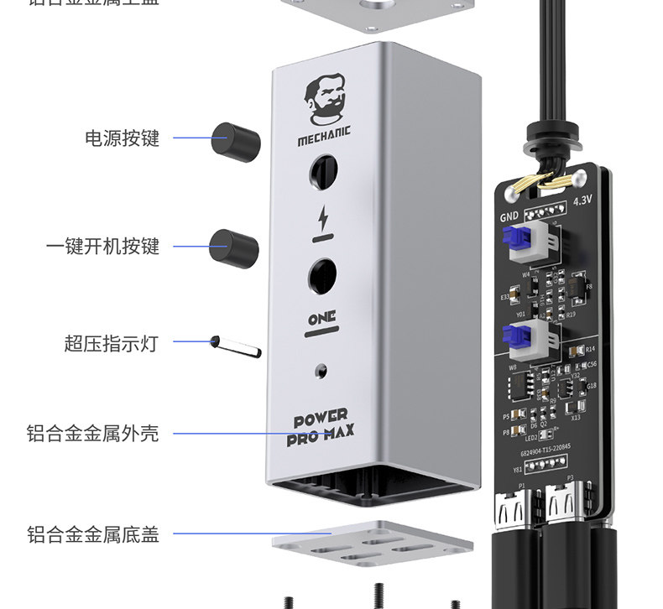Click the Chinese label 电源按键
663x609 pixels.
(122, 138)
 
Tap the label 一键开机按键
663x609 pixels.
(102, 246)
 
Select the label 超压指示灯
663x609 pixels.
(111, 342)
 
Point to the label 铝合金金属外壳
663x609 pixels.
(92, 434)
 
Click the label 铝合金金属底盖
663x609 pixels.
(92, 534)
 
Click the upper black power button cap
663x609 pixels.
(234, 140)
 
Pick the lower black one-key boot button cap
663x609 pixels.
(233, 247)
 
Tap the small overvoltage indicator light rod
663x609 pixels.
(236, 345)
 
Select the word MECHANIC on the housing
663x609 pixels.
(323, 132)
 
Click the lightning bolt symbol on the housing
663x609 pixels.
(323, 219)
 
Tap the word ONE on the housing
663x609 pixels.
(321, 318)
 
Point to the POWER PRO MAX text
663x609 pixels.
(321, 424)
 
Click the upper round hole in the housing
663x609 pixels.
(323, 173)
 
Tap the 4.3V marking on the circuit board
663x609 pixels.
(582, 201)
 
